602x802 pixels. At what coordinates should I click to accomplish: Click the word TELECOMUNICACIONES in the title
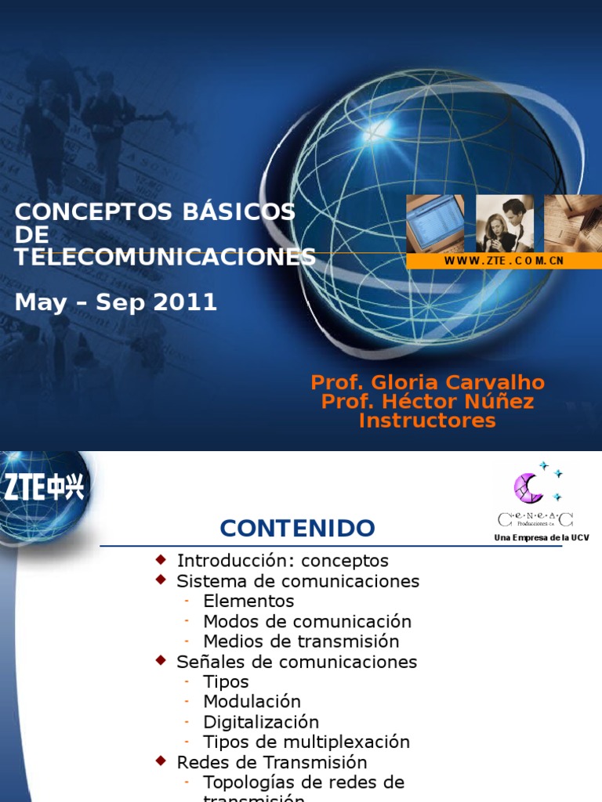click(x=165, y=257)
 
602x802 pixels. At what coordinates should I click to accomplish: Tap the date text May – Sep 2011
click(x=116, y=303)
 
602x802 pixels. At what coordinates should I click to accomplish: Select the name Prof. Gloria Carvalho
click(x=427, y=382)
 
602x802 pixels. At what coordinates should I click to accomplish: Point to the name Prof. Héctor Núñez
click(x=427, y=402)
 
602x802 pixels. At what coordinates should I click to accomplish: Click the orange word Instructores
click(x=427, y=421)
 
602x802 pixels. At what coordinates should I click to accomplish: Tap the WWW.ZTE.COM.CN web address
click(x=504, y=261)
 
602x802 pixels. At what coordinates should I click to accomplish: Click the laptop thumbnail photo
click(x=434, y=223)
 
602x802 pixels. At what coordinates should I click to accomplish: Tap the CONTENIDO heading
click(x=297, y=528)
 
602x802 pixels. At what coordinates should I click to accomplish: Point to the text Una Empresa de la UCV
click(x=541, y=537)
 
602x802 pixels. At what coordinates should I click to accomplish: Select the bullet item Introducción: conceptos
click(x=282, y=561)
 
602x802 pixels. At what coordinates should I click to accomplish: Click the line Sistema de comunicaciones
click(x=298, y=581)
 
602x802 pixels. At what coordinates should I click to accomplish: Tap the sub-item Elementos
click(x=248, y=601)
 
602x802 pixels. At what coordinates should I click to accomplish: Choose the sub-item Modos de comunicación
click(x=306, y=621)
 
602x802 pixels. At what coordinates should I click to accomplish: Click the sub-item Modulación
click(x=252, y=702)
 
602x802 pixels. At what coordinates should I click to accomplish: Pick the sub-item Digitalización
click(x=261, y=721)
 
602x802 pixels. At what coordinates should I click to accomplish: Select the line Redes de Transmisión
click(x=271, y=762)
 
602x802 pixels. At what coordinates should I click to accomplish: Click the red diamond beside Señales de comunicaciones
click(x=161, y=661)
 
